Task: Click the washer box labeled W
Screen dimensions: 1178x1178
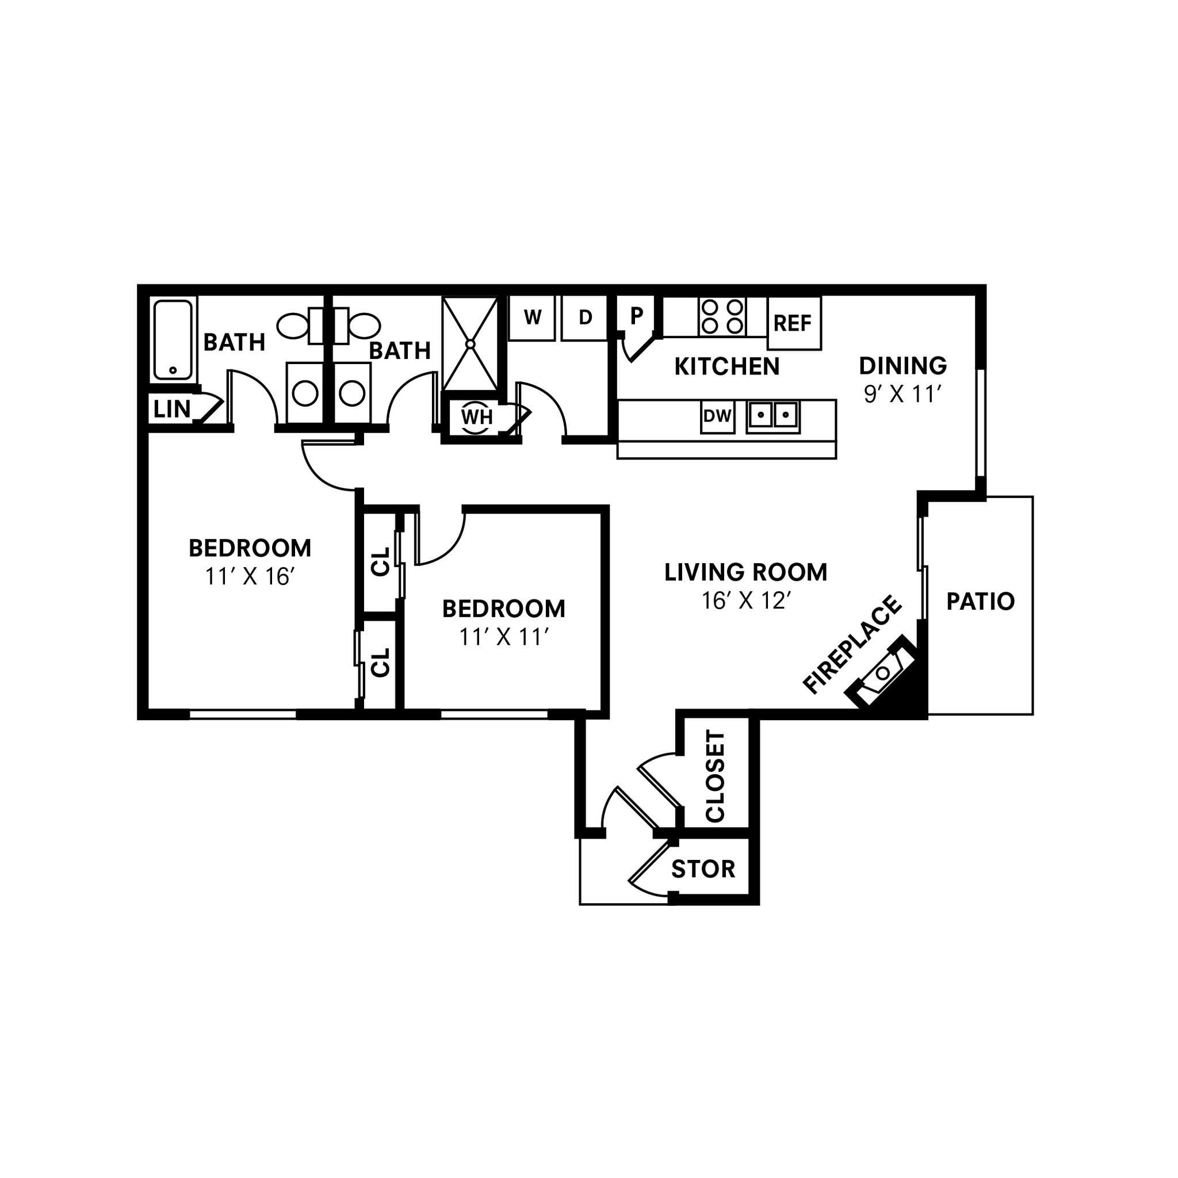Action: [531, 318]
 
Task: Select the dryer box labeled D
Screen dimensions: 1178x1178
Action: [585, 318]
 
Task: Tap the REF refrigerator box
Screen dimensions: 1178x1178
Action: [793, 323]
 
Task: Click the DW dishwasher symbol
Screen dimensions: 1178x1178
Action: [717, 416]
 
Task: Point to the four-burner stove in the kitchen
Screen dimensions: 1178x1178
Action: [722, 316]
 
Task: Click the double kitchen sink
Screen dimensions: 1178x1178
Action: [773, 416]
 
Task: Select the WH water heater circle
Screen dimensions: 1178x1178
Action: [476, 418]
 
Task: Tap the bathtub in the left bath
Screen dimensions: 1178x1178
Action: [173, 339]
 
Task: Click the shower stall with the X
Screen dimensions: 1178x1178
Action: [470, 344]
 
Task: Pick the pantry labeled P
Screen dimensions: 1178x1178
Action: [636, 316]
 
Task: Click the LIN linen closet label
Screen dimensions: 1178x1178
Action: [172, 409]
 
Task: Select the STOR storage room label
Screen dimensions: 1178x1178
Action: [703, 869]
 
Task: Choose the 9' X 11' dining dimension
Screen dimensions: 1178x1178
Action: [902, 395]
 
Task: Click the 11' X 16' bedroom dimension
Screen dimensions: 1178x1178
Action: [250, 576]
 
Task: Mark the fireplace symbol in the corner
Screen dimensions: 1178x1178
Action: [883, 674]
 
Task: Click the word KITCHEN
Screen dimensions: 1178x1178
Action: [727, 366]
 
